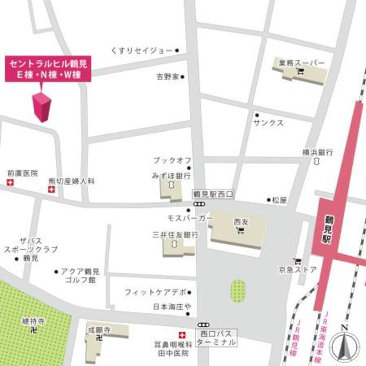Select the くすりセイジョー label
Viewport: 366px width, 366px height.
point(142,51)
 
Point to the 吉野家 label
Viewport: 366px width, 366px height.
point(168,76)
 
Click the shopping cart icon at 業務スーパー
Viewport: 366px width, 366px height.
point(300,71)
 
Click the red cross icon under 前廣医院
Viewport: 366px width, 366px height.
point(9,182)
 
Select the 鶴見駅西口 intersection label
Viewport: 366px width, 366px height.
point(210,194)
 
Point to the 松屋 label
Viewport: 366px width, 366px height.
point(279,200)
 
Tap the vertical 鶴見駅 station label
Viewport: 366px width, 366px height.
point(329,226)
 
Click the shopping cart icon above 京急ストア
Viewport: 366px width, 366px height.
point(297,261)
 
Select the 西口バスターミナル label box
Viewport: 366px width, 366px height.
point(216,337)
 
